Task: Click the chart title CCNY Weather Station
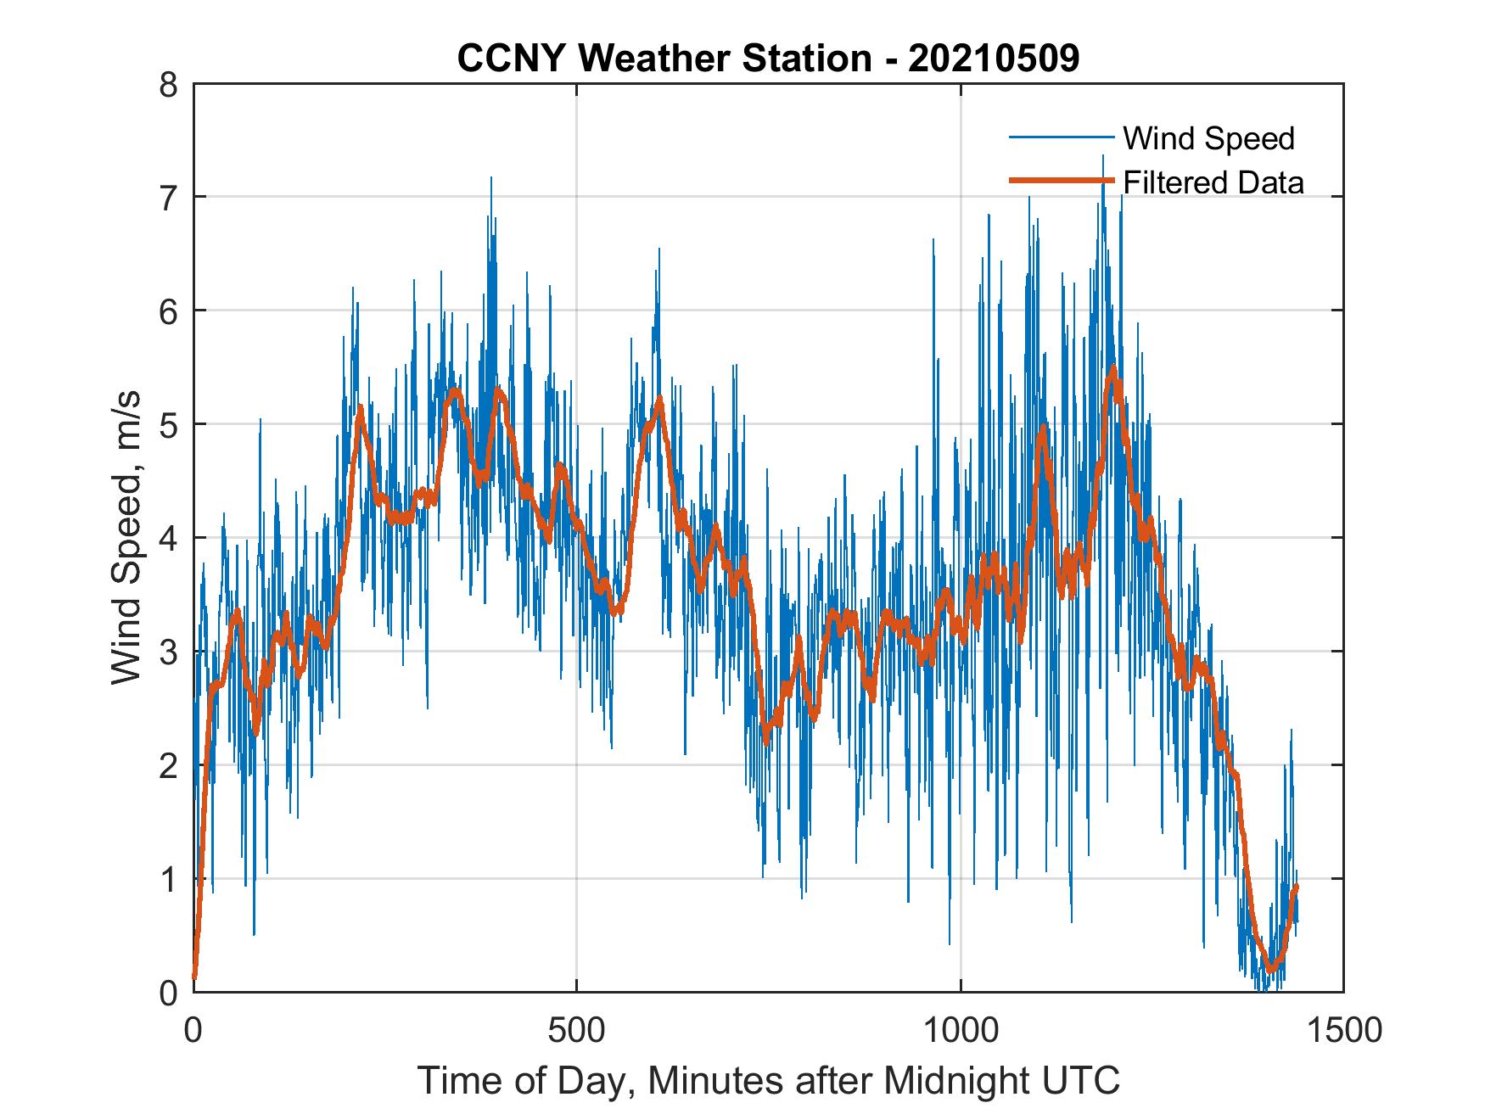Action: pyautogui.click(x=664, y=59)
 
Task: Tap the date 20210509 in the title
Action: pyautogui.click(x=994, y=59)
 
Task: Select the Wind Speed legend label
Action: pyautogui.click(x=1208, y=138)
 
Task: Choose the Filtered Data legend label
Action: pyautogui.click(x=1213, y=182)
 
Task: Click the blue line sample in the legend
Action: pyautogui.click(x=1060, y=137)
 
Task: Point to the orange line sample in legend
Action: pyautogui.click(x=1060, y=181)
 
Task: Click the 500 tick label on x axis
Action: pyautogui.click(x=576, y=1030)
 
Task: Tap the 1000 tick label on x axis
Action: pyautogui.click(x=961, y=1030)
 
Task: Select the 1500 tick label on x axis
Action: pyautogui.click(x=1344, y=1030)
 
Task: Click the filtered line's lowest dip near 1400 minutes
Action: pyautogui.click(x=1270, y=969)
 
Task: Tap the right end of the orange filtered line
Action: pyautogui.click(x=1296, y=887)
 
